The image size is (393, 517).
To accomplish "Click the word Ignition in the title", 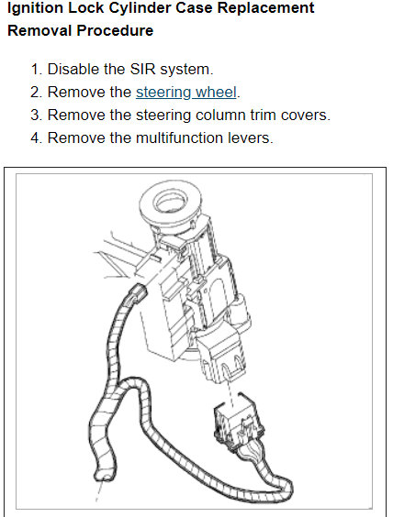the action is point(35,8).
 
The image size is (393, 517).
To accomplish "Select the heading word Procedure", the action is point(115,30).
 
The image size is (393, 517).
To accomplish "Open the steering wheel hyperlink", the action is point(186,93).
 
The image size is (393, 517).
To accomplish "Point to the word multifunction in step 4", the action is point(180,137).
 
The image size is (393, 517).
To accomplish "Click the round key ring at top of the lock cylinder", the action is point(171,203).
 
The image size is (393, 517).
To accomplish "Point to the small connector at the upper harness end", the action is point(138,292).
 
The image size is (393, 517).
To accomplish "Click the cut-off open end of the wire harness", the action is point(104,474).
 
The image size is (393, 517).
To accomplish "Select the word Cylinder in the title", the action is point(139,8).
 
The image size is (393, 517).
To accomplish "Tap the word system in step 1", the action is point(186,70).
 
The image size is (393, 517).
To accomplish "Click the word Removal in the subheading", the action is point(39,30).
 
